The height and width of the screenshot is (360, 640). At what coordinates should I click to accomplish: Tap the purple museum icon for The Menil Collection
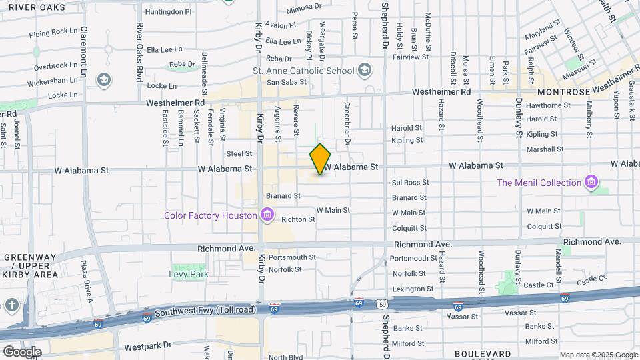click(590, 182)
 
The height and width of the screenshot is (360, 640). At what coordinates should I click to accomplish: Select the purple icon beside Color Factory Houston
click(267, 215)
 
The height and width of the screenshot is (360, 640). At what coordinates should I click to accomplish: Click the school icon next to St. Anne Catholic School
click(365, 69)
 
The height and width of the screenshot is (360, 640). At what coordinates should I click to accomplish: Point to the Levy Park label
click(188, 274)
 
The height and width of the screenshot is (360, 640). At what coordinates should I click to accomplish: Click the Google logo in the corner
click(21, 351)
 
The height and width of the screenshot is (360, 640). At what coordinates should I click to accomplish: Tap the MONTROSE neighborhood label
click(563, 92)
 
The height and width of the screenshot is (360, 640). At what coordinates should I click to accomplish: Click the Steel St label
click(239, 154)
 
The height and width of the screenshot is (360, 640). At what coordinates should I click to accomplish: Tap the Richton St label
click(297, 219)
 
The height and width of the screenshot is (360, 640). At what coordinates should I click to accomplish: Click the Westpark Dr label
click(147, 347)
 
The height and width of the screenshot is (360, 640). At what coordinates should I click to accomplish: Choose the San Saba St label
click(286, 83)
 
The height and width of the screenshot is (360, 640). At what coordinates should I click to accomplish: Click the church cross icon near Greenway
click(12, 305)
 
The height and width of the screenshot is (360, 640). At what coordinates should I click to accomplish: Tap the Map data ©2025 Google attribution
click(597, 355)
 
